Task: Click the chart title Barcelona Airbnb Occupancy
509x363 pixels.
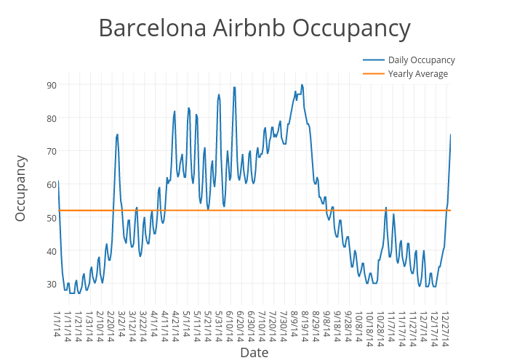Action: [x=254, y=28]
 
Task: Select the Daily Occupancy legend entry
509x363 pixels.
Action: [x=421, y=60]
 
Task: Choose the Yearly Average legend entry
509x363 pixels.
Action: [x=417, y=73]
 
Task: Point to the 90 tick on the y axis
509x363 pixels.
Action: [x=51, y=85]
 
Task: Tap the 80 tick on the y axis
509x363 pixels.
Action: [x=51, y=118]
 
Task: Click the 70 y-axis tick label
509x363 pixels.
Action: [x=51, y=152]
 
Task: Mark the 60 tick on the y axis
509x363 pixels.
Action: [x=51, y=185]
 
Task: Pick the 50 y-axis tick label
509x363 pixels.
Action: [x=51, y=218]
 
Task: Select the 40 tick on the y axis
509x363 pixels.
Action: [x=51, y=251]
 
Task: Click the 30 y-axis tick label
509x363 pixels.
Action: [x=51, y=285]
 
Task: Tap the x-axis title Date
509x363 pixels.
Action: [x=254, y=353]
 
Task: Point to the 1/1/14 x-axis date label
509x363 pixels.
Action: [x=58, y=323]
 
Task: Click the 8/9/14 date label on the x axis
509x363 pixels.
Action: [x=294, y=323]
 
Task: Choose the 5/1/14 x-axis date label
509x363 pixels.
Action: [x=187, y=323]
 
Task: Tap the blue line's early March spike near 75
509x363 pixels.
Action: [x=117, y=134]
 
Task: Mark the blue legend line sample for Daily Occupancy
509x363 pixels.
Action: [x=374, y=60]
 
